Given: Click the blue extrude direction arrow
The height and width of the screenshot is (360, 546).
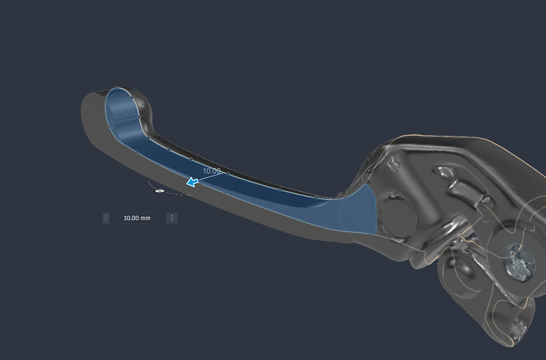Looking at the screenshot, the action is [192, 182].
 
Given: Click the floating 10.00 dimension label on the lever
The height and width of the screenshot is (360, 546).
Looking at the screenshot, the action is [212, 171].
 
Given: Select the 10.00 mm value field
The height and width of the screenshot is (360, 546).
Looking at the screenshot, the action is [137, 218].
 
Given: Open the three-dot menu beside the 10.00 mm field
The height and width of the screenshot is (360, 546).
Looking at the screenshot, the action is [172, 218].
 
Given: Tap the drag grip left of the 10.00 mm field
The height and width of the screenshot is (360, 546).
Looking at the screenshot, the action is [106, 218].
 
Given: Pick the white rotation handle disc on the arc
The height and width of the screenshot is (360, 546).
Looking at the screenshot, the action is [159, 191].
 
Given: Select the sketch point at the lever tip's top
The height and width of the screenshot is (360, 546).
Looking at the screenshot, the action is [116, 88].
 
